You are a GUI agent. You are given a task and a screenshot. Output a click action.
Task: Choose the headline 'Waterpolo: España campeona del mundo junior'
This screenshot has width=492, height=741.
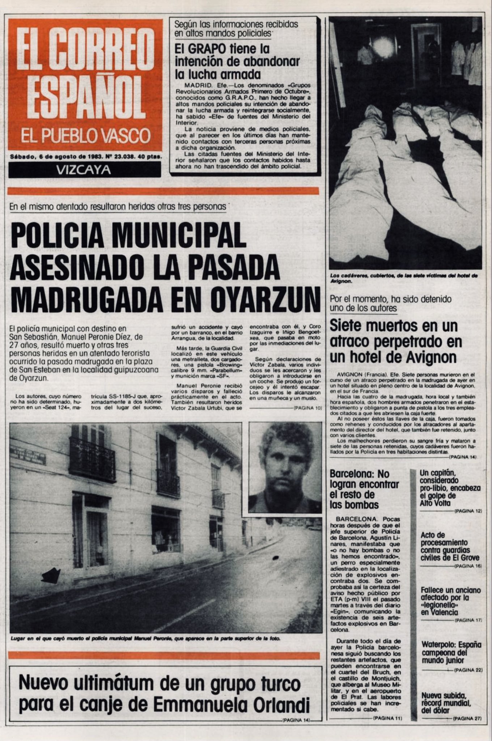point(451,653)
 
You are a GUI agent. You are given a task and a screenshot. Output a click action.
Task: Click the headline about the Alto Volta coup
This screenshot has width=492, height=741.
point(450,488)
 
